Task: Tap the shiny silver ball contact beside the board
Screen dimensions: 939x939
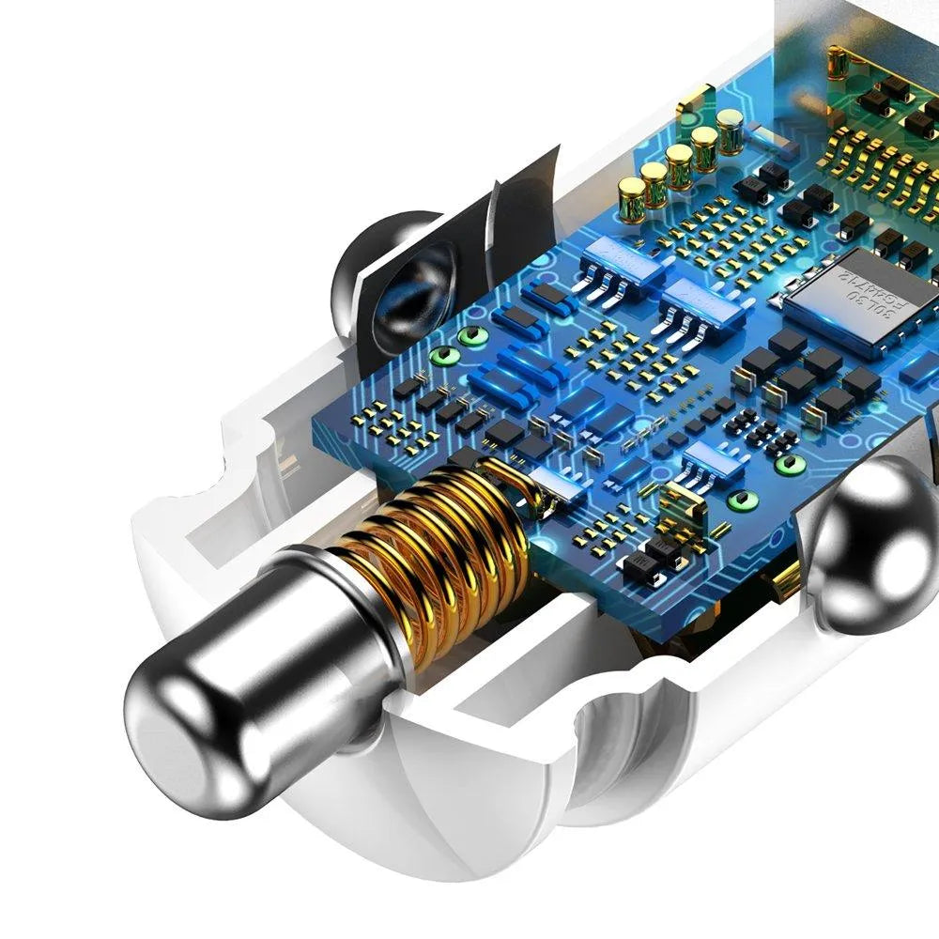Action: coord(873,545)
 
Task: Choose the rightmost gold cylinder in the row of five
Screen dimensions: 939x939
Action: coord(730,130)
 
